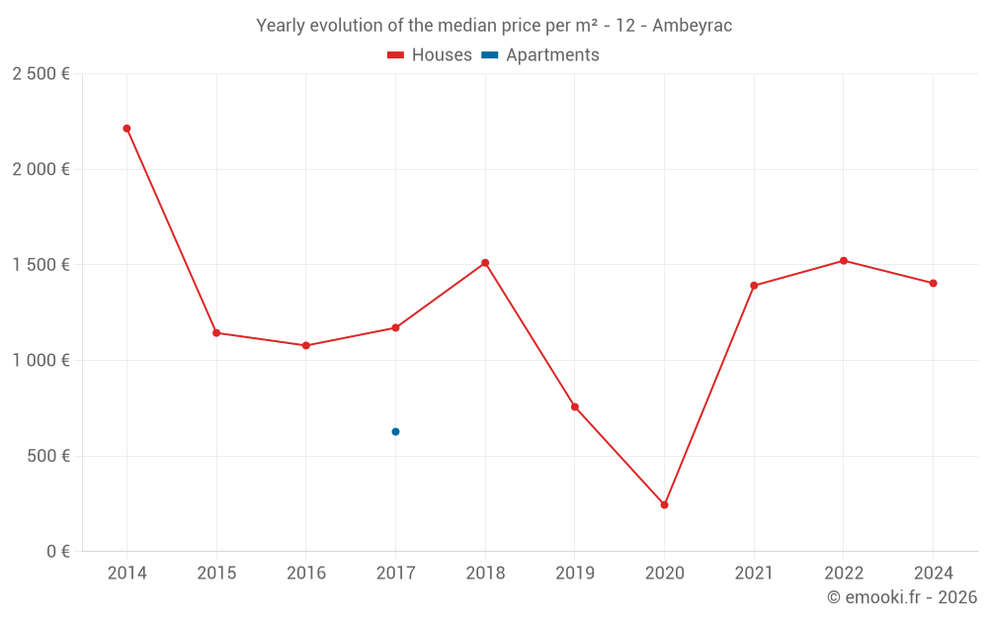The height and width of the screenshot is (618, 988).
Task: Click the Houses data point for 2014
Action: pos(126,129)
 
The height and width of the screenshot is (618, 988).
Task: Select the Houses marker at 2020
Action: pos(664,505)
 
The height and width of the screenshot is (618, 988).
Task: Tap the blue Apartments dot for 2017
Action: pos(395,432)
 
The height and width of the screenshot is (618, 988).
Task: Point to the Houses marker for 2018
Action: pos(485,263)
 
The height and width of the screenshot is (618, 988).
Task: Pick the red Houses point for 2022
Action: pos(843,261)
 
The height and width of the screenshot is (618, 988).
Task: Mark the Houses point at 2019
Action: pos(575,407)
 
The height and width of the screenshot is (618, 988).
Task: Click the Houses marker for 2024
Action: pos(933,284)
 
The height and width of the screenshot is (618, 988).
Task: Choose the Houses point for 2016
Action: pos(306,346)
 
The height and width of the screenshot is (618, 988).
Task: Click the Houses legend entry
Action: pos(430,55)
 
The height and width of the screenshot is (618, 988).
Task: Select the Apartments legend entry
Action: pos(541,55)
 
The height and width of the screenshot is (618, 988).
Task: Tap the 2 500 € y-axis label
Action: pos(41,74)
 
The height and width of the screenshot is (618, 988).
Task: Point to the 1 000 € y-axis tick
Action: pos(41,361)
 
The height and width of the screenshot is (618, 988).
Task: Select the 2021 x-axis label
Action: pos(754,574)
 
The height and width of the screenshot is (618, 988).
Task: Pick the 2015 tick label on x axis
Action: pos(216,574)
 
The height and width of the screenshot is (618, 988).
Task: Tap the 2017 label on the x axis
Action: pos(395,574)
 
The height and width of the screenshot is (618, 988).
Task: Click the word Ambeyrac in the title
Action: pos(692,26)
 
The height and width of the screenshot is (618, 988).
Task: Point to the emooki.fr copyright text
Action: pos(901,597)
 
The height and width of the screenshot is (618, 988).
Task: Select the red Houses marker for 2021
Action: pos(754,286)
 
